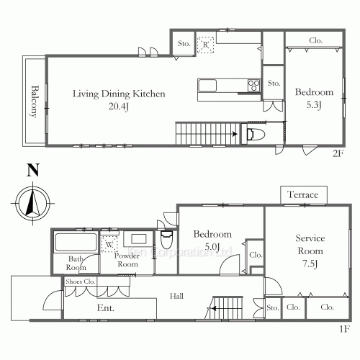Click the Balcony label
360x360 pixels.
click(35, 102)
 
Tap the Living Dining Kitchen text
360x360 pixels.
click(119, 94)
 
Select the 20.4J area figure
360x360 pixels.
click(119, 106)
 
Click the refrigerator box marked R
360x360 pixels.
click(205, 45)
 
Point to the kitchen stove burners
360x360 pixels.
click(254, 86)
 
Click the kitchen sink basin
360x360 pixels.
click(207, 86)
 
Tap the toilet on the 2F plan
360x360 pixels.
click(256, 135)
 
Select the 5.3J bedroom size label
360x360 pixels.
click(314, 104)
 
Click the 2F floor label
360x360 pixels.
click(338, 153)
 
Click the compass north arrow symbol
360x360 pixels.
click(32, 203)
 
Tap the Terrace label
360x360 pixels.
click(303, 194)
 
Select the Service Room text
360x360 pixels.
click(310, 245)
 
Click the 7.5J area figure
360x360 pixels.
click(310, 264)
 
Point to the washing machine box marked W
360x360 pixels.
click(109, 244)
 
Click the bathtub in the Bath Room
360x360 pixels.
click(76, 242)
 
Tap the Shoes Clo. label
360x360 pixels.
click(81, 282)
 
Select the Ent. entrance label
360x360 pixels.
click(106, 307)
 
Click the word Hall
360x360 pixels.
click(176, 296)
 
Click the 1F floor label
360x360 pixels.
click(345, 329)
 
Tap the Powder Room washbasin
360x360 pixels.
click(138, 239)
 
